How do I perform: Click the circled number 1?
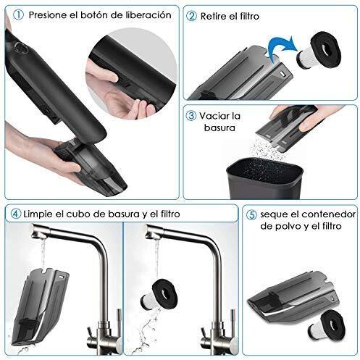18,15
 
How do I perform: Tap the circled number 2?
192,16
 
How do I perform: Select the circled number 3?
191,116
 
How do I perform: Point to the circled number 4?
16,214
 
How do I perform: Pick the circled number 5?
251,214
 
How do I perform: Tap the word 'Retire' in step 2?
214,17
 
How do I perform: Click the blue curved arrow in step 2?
282,49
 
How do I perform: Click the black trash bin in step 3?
264,178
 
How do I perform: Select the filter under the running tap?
159,294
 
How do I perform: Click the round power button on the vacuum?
20,47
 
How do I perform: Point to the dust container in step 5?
293,297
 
